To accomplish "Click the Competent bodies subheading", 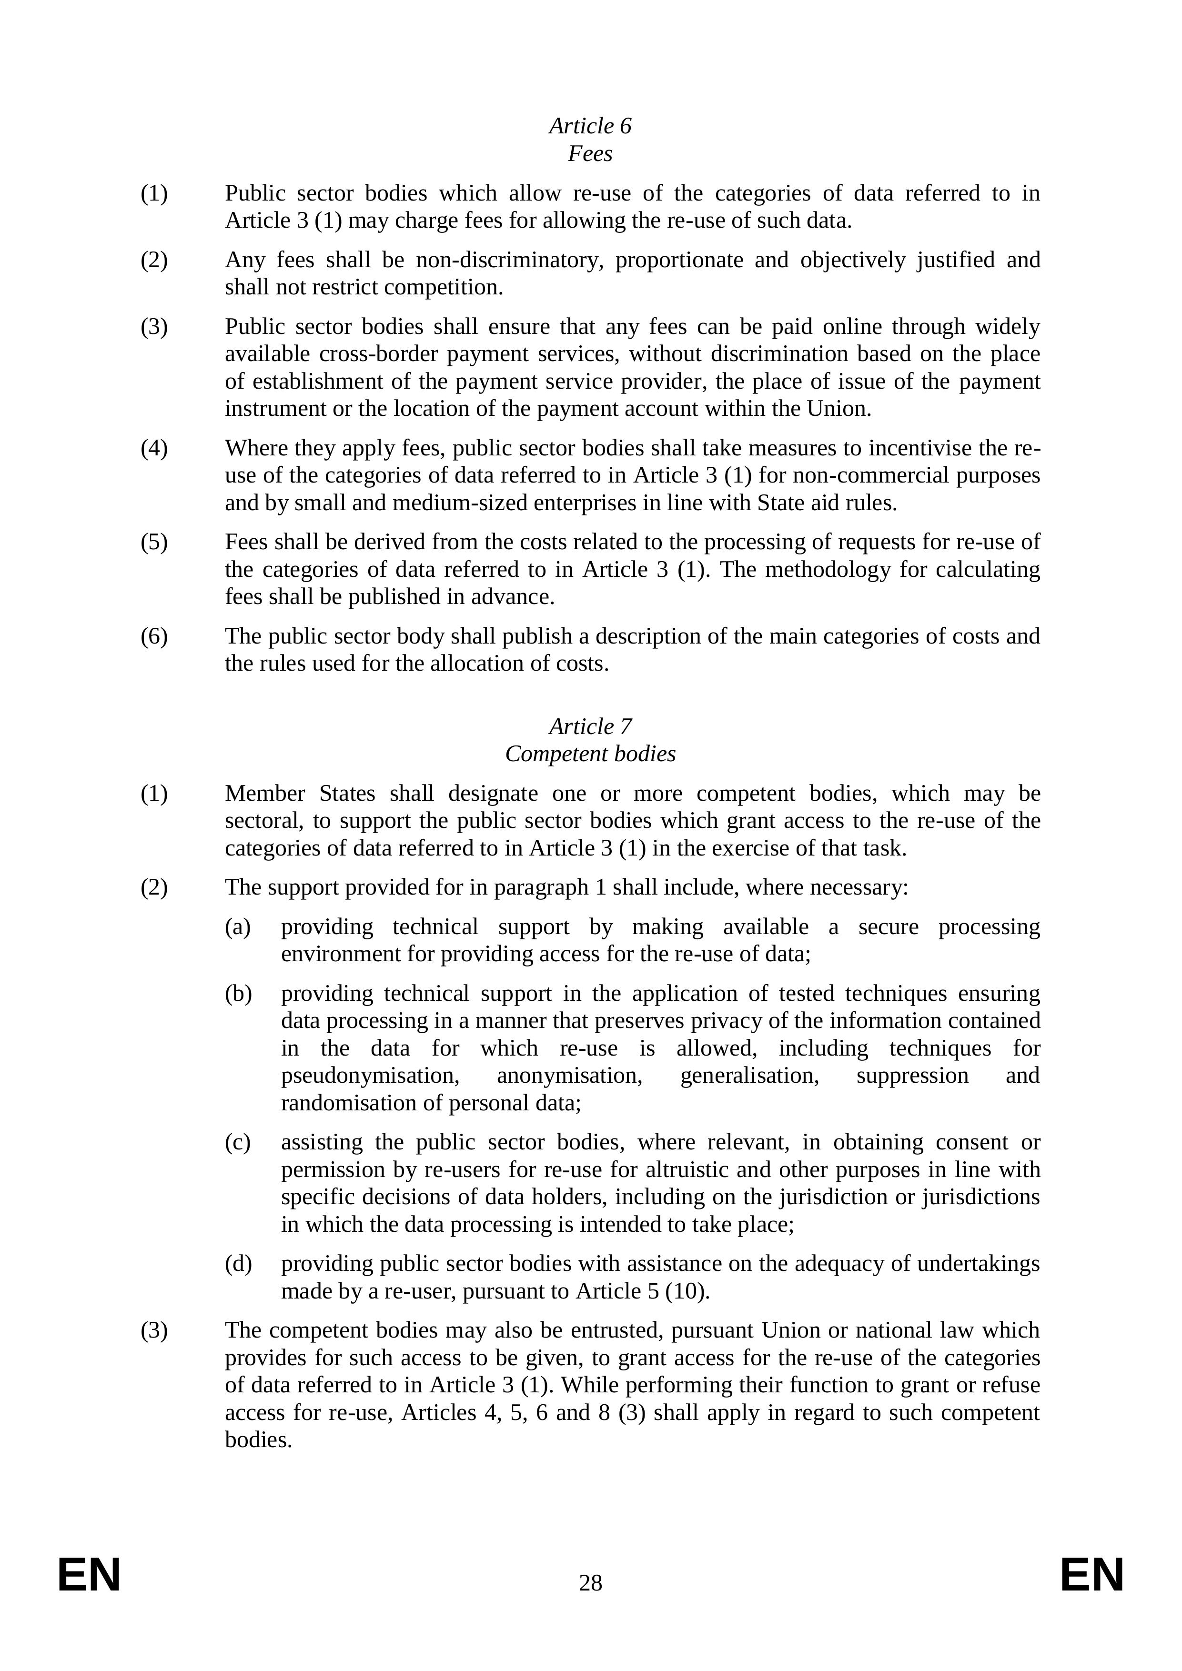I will tap(590, 754).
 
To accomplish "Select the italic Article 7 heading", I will tap(590, 726).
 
